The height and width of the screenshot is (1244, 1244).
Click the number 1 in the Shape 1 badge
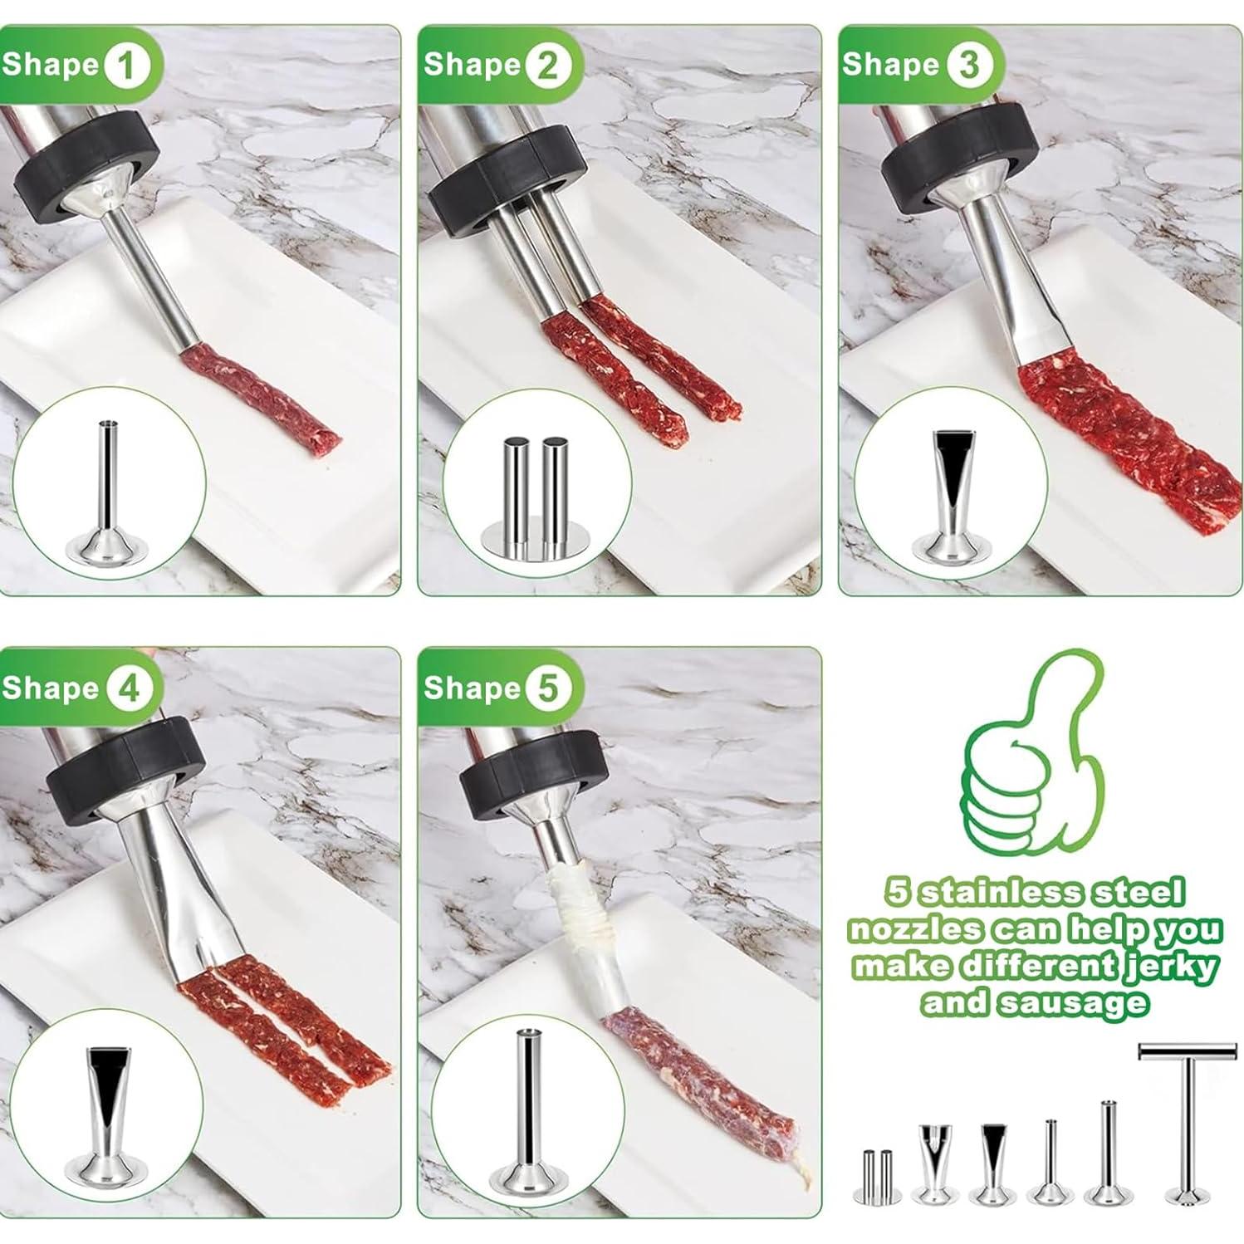click(x=127, y=66)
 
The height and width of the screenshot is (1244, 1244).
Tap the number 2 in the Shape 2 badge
click(x=547, y=66)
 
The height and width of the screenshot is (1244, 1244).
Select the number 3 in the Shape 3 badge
click(x=968, y=66)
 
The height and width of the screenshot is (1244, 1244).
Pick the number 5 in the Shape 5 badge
click(x=547, y=688)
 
